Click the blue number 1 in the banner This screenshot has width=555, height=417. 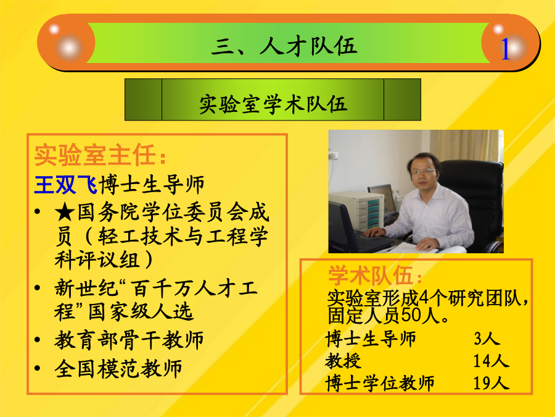tap(504, 49)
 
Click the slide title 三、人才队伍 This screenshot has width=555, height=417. tap(284, 46)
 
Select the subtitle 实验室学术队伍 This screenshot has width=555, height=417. tap(273, 104)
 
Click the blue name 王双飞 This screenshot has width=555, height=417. tap(66, 184)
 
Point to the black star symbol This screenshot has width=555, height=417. tap(65, 213)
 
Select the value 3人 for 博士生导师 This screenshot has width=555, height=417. tap(487, 339)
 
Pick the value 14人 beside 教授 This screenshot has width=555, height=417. tap(491, 361)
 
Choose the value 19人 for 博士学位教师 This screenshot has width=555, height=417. tap(491, 383)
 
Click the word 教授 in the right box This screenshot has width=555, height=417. tap(343, 361)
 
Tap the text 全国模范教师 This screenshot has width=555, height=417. tap(118, 368)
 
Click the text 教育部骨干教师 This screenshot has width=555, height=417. tap(129, 340)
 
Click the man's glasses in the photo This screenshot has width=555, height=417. tap(423, 172)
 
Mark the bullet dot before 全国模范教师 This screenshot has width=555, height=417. tap(38, 368)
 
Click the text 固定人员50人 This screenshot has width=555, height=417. tap(388, 315)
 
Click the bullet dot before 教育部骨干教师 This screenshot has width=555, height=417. tap(38, 340)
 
